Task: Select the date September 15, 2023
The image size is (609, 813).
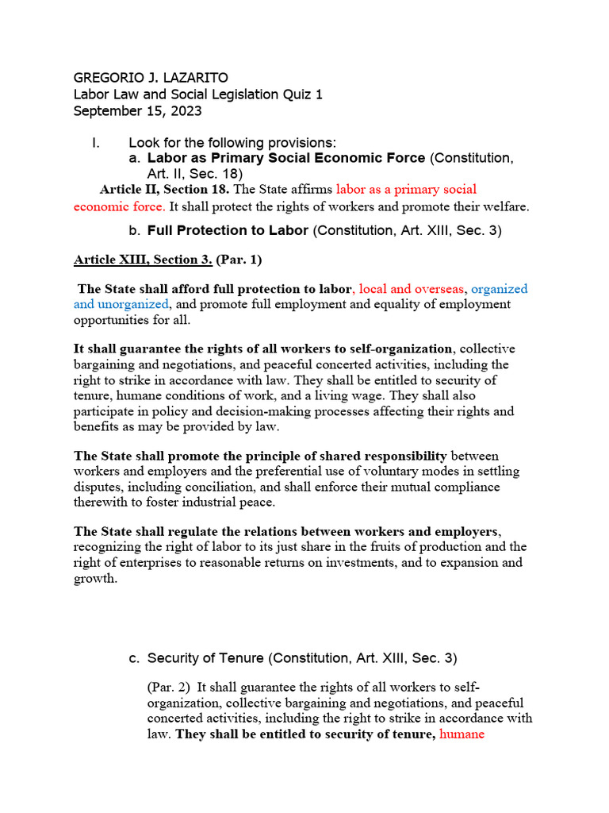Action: coord(137,111)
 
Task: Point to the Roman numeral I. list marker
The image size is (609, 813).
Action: coord(96,143)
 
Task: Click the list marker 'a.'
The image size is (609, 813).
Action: coord(134,158)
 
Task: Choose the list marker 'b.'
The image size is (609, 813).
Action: coord(134,231)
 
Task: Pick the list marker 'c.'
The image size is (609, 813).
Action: coord(134,659)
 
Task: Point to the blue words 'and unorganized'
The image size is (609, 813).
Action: coord(121,304)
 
